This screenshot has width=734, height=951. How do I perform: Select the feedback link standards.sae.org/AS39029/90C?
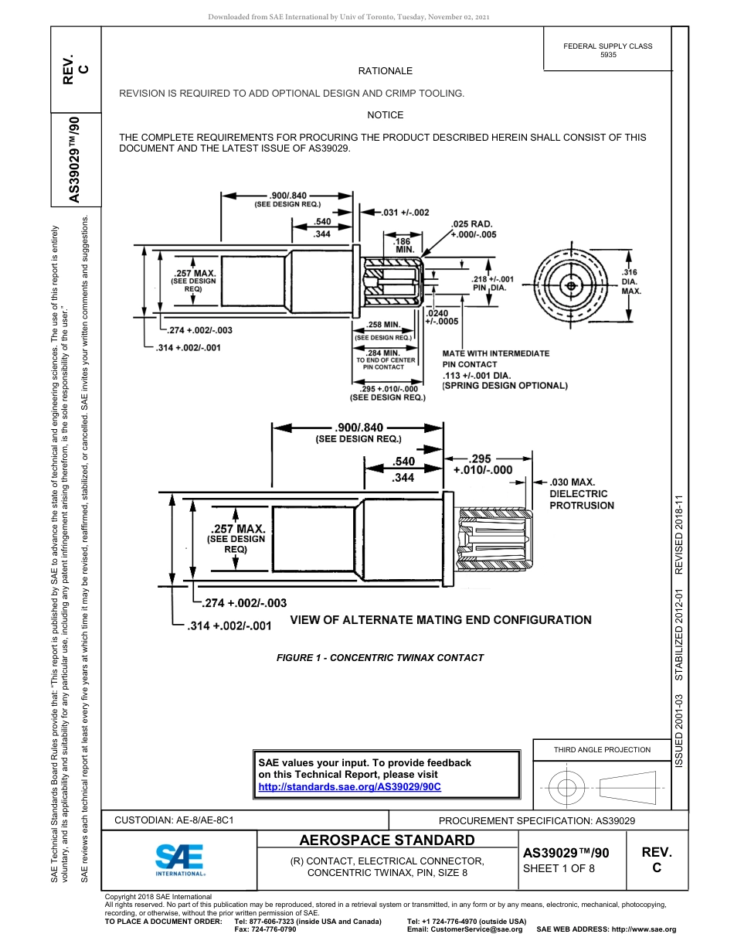(x=349, y=786)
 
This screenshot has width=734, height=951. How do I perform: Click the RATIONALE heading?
(x=385, y=71)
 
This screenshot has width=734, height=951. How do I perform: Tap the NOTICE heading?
(x=385, y=115)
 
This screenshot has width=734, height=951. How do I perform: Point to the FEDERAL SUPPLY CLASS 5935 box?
(x=607, y=50)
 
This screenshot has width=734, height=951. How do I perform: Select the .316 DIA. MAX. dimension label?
(x=631, y=281)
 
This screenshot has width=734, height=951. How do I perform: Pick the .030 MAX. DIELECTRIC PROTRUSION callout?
(x=582, y=493)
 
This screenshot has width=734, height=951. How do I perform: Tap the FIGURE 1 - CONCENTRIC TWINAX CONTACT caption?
(x=379, y=658)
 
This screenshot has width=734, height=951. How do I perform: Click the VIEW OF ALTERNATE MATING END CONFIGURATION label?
(x=440, y=620)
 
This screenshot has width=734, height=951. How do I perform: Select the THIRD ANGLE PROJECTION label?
(x=602, y=749)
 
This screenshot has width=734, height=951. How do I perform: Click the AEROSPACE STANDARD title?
(x=387, y=840)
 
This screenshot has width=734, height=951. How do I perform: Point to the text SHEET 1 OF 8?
(x=559, y=867)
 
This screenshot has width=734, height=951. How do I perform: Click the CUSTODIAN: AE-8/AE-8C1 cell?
(x=174, y=820)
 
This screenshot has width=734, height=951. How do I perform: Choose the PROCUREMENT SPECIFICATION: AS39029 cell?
(x=536, y=820)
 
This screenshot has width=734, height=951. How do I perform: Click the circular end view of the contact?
(x=571, y=286)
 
